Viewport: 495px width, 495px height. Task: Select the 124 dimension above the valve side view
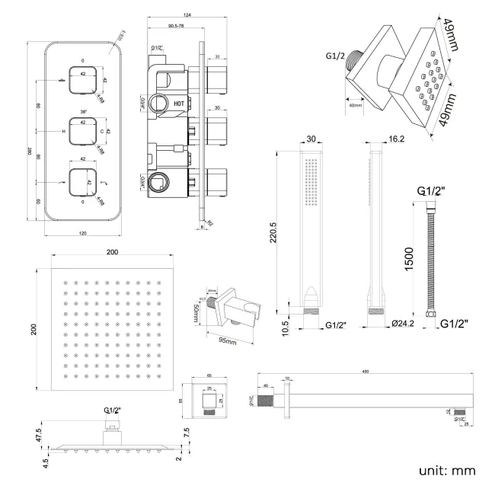[x=187, y=16]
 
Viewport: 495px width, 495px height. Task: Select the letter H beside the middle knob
[x=63, y=131]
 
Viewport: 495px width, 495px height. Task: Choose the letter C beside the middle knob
[x=101, y=131]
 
